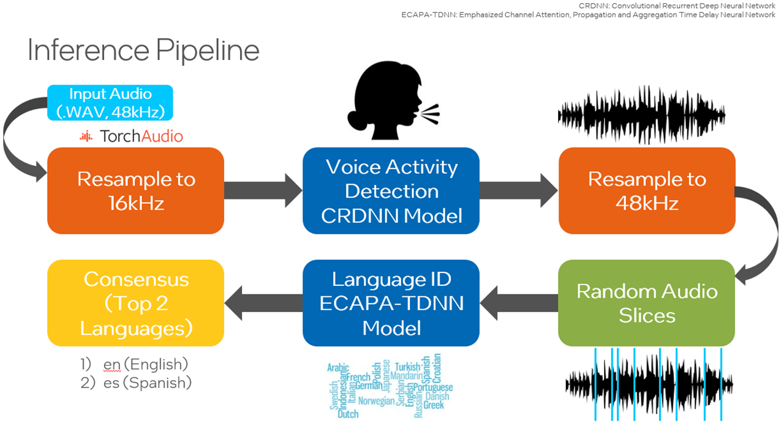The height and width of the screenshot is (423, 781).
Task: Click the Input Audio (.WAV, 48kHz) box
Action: tap(110, 103)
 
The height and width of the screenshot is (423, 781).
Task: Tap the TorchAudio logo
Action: tap(132, 136)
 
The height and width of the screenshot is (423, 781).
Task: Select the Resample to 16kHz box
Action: tap(135, 190)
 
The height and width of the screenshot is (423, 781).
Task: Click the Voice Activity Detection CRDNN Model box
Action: tap(391, 190)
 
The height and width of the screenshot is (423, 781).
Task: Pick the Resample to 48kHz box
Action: tap(646, 190)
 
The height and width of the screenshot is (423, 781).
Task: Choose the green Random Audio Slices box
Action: tap(646, 303)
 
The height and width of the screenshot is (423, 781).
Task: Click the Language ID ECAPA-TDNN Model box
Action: tap(391, 303)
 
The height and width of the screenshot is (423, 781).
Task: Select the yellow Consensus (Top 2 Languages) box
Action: tap(135, 303)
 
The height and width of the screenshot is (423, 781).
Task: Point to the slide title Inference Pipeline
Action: tap(143, 51)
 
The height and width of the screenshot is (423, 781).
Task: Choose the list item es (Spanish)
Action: tap(147, 383)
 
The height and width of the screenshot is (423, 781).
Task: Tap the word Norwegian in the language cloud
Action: tap(376, 402)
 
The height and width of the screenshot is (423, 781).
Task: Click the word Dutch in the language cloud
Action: tap(348, 414)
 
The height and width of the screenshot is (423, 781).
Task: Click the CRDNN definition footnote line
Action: tap(677, 6)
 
